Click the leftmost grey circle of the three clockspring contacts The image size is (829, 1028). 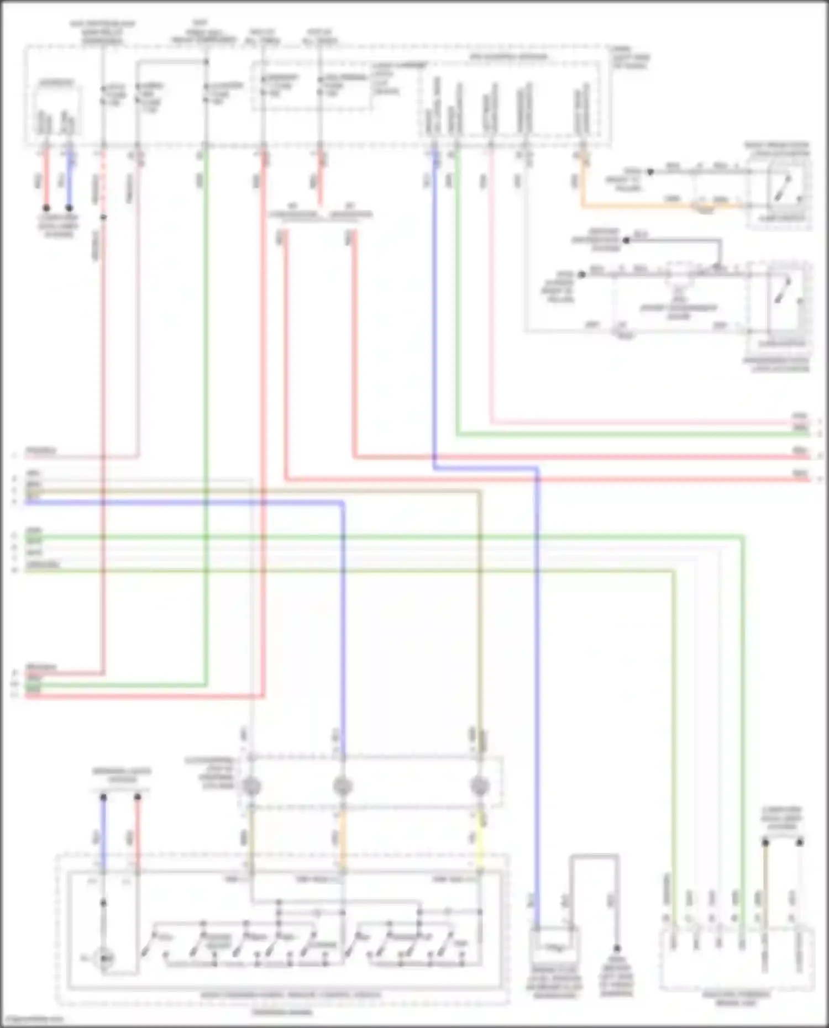(x=251, y=786)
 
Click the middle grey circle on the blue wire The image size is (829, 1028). (x=343, y=786)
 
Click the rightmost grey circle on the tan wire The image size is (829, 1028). (x=479, y=786)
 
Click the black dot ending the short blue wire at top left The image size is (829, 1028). (x=69, y=208)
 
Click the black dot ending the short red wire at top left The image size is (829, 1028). (x=46, y=208)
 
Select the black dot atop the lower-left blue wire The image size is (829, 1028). (x=103, y=797)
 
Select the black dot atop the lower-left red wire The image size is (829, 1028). (x=138, y=797)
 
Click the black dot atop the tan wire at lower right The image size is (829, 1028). (x=765, y=842)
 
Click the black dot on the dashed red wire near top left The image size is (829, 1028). (x=103, y=217)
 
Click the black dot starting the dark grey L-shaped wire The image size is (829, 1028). (x=626, y=241)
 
